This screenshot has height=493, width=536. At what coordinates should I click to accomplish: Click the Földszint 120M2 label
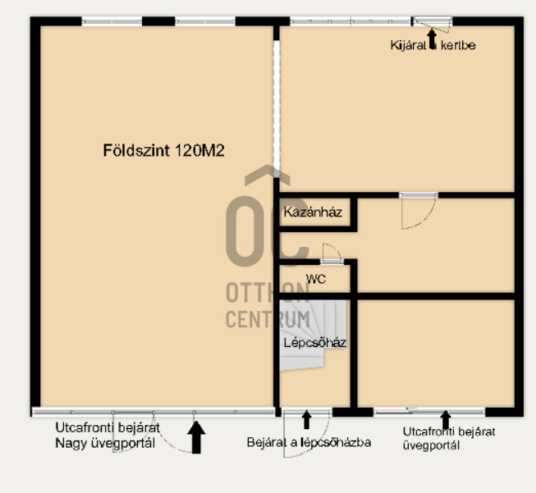tap(163, 150)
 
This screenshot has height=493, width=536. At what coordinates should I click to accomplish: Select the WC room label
tap(316, 279)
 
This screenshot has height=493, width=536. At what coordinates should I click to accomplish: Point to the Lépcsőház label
tap(314, 343)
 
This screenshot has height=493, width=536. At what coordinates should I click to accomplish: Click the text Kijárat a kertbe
tap(433, 45)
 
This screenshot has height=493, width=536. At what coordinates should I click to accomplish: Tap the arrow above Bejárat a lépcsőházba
tap(307, 420)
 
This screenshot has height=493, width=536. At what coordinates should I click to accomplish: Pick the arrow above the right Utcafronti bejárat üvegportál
tap(446, 419)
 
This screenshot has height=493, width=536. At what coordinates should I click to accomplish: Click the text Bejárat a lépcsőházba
tap(309, 442)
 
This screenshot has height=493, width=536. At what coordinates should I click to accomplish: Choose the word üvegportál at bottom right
tap(431, 445)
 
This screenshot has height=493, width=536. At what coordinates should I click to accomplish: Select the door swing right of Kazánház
tap(416, 212)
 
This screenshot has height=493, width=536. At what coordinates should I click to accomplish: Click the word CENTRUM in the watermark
tap(268, 319)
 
